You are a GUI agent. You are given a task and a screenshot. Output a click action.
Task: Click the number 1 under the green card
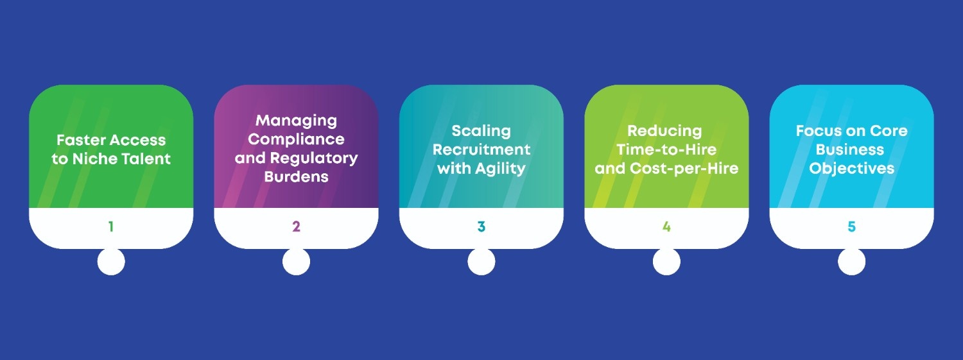pyautogui.click(x=111, y=227)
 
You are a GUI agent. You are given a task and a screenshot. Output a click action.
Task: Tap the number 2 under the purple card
pyautogui.click(x=296, y=227)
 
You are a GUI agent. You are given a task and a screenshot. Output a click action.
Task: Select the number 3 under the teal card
pyautogui.click(x=481, y=227)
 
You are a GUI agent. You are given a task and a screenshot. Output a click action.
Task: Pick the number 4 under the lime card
pyautogui.click(x=666, y=227)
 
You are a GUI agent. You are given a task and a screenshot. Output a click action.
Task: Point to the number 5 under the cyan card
pyautogui.click(x=851, y=227)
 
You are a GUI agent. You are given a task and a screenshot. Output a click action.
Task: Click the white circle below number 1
pyautogui.click(x=111, y=262)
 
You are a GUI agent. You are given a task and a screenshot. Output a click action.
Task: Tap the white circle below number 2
pyautogui.click(x=296, y=262)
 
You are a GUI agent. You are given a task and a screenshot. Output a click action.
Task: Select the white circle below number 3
pyautogui.click(x=481, y=262)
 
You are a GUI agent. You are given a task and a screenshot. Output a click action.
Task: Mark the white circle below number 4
pyautogui.click(x=666, y=262)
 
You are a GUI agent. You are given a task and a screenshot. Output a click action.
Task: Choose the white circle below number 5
pyautogui.click(x=851, y=262)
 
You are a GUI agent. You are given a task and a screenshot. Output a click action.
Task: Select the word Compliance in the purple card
pyautogui.click(x=296, y=139)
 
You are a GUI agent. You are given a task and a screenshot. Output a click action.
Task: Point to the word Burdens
pyautogui.click(x=296, y=176)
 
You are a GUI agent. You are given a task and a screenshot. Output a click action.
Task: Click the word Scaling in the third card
pyautogui.click(x=481, y=131)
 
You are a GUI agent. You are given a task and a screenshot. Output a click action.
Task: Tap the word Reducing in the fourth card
pyautogui.click(x=664, y=131)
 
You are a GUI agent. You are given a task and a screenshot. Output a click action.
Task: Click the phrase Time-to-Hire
pyautogui.click(x=666, y=150)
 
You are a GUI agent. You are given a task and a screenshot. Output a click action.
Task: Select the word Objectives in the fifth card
pyautogui.click(x=851, y=168)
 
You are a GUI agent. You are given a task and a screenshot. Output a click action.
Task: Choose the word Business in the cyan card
pyautogui.click(x=849, y=150)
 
